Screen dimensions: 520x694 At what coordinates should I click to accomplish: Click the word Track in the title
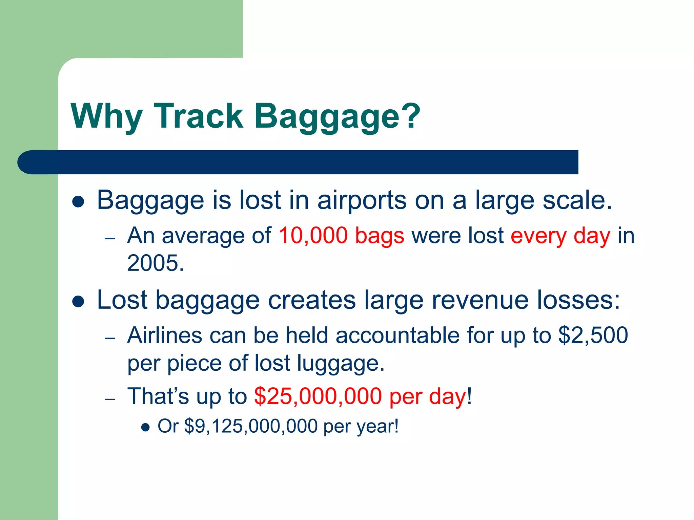click(199, 116)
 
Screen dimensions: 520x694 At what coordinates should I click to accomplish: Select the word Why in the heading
click(106, 116)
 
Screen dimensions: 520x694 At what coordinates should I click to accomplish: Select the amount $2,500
click(593, 335)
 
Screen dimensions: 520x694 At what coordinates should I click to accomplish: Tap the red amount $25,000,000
click(318, 396)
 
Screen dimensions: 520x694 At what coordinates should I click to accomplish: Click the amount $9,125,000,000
click(251, 426)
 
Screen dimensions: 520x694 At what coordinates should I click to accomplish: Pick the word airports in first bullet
click(362, 200)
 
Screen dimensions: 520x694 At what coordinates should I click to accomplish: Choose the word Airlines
click(165, 335)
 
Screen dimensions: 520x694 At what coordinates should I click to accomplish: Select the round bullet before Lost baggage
click(78, 301)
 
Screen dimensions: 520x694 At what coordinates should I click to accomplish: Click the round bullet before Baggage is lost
click(78, 201)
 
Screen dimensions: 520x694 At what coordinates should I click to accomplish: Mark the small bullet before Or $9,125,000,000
click(145, 427)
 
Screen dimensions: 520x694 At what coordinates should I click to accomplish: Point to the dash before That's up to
click(110, 399)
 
